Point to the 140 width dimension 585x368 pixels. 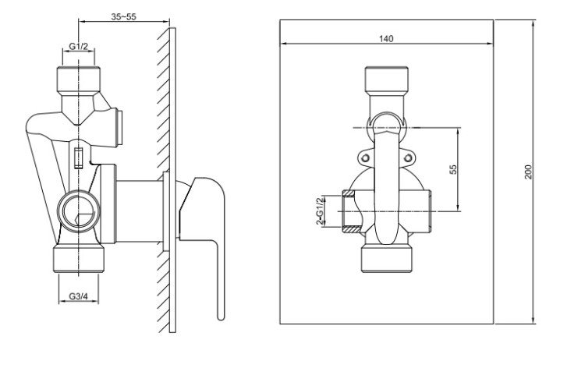point(385,37)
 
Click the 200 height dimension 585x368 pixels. point(528,172)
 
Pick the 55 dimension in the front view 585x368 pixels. point(452,168)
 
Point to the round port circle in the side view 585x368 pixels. point(77,209)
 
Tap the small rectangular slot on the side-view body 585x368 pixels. point(78,158)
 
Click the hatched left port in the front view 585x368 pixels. point(350,211)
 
